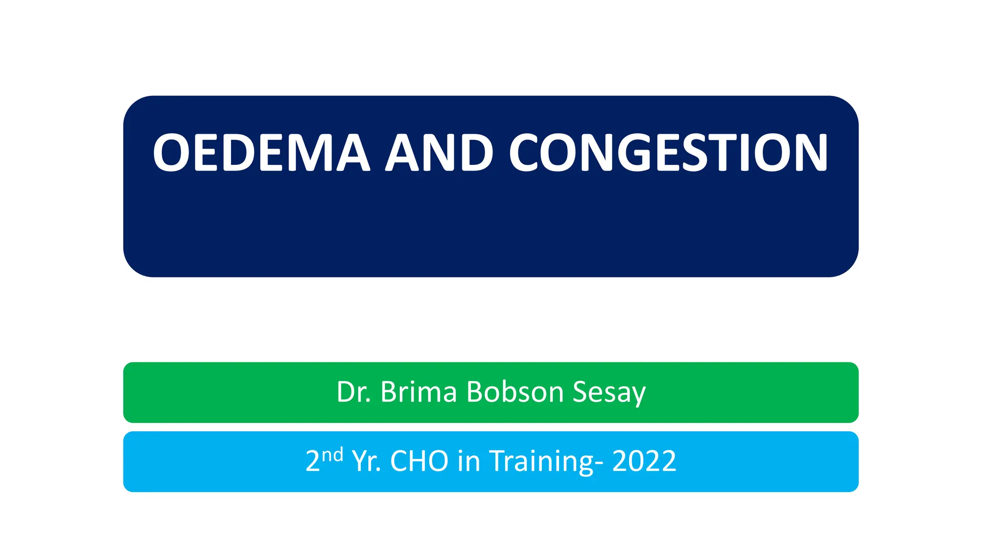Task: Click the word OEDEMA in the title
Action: coord(261,153)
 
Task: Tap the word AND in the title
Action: coord(439,153)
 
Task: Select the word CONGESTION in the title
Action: coord(668,153)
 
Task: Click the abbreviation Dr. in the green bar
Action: coord(354,392)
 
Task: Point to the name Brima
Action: coord(419,392)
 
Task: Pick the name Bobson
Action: coord(515,392)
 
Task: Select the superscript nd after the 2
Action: coord(332,454)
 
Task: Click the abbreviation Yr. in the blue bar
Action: coord(366,461)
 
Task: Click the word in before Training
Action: coord(468,461)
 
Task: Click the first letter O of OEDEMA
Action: coord(172,153)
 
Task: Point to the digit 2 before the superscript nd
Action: coord(313,461)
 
